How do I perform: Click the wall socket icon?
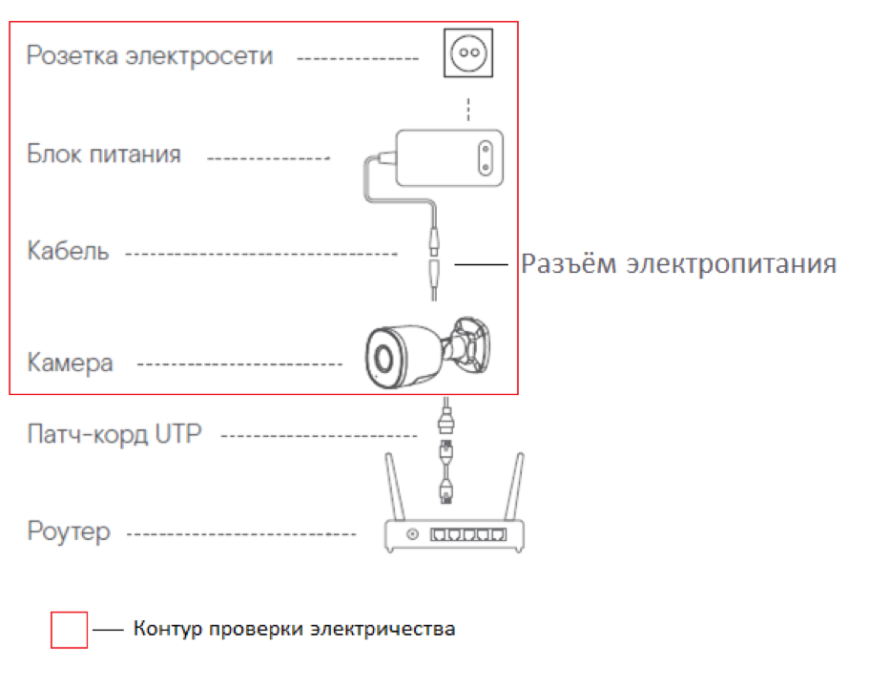[468, 53]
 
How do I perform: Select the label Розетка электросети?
[150, 56]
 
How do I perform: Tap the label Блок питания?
[104, 155]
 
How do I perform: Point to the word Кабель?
[68, 253]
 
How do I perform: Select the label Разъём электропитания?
[678, 264]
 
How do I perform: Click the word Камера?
[71, 363]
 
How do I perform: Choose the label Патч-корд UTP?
[114, 436]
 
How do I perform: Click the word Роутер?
[69, 532]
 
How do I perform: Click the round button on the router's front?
[412, 534]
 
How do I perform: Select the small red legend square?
[69, 631]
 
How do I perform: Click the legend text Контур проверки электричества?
[294, 630]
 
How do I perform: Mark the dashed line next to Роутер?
[241, 533]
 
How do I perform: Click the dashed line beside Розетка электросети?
[357, 58]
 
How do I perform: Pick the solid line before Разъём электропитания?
[484, 264]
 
